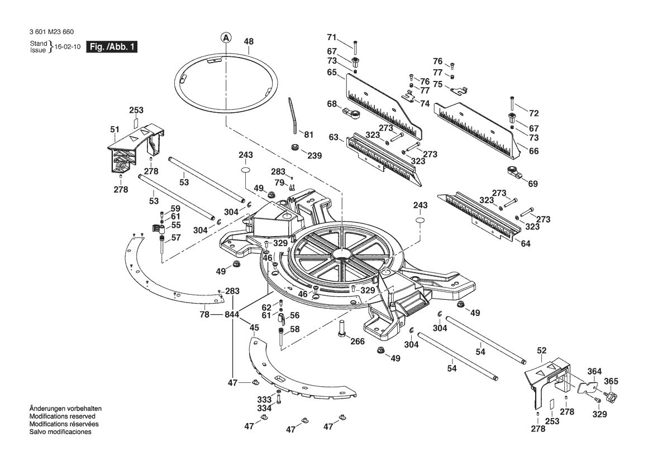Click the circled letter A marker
click(225, 38)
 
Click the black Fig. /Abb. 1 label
click(112, 46)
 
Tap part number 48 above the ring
click(249, 42)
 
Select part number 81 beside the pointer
click(308, 135)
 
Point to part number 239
click(314, 156)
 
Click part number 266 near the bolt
click(357, 342)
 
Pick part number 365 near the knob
click(611, 382)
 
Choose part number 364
click(594, 372)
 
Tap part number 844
click(232, 315)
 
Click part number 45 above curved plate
click(254, 328)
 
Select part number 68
click(331, 104)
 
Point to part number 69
click(533, 184)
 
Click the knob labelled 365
click(610, 394)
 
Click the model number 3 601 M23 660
click(51, 32)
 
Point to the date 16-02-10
click(68, 47)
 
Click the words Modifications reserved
click(63, 416)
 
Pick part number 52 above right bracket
click(541, 350)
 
